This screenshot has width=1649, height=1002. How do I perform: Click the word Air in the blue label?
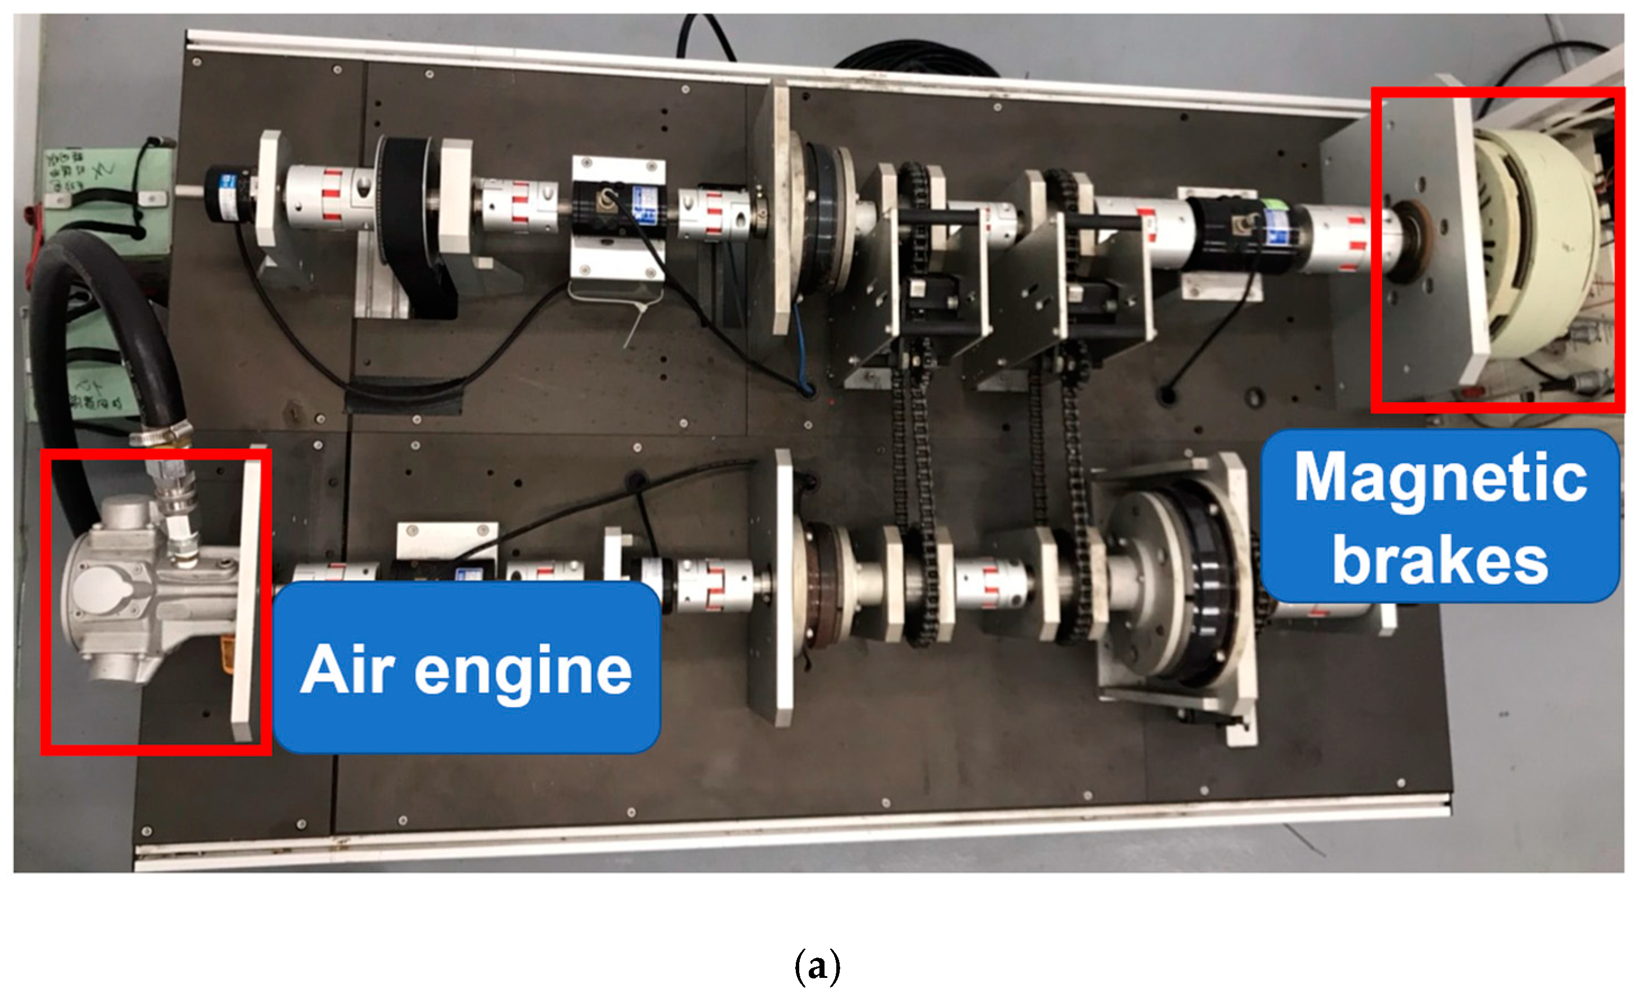tap(348, 669)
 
